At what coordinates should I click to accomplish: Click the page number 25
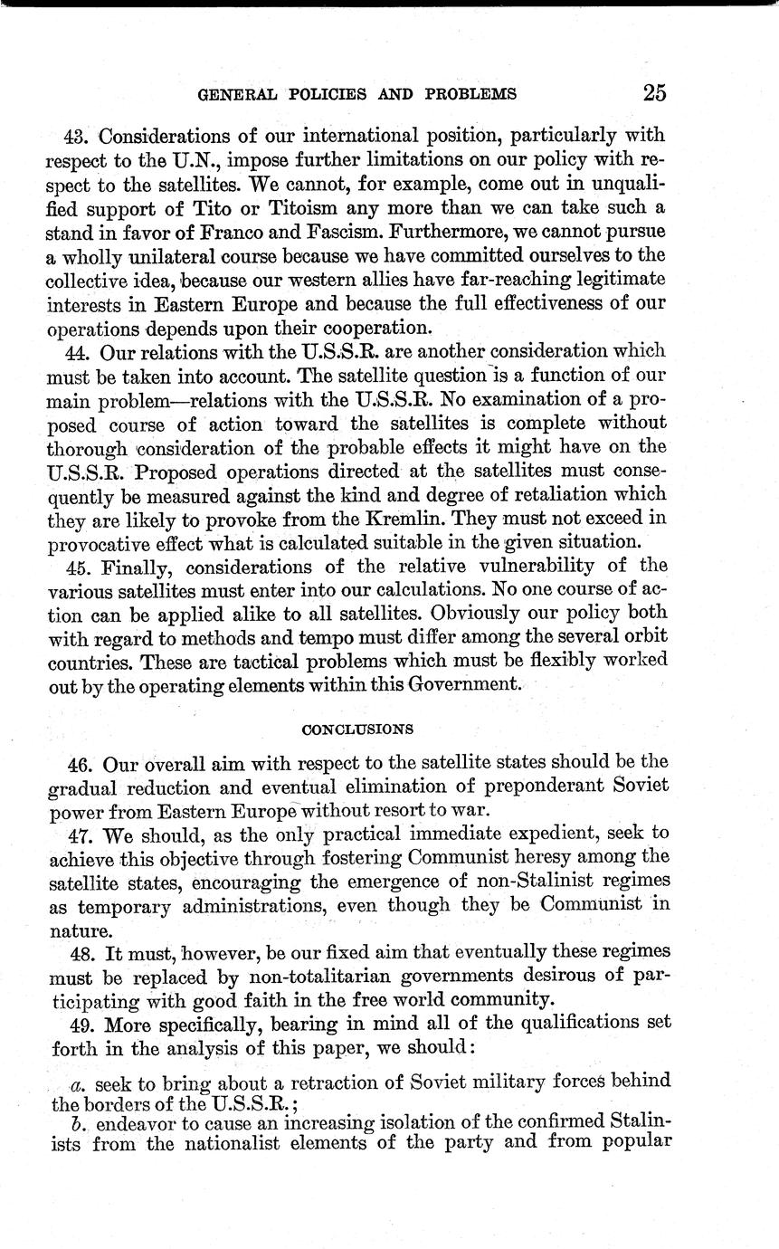tap(655, 92)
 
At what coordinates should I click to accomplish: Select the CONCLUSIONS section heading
tap(357, 728)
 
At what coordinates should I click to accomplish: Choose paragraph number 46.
tap(79, 762)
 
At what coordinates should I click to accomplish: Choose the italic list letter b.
tap(76, 1123)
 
